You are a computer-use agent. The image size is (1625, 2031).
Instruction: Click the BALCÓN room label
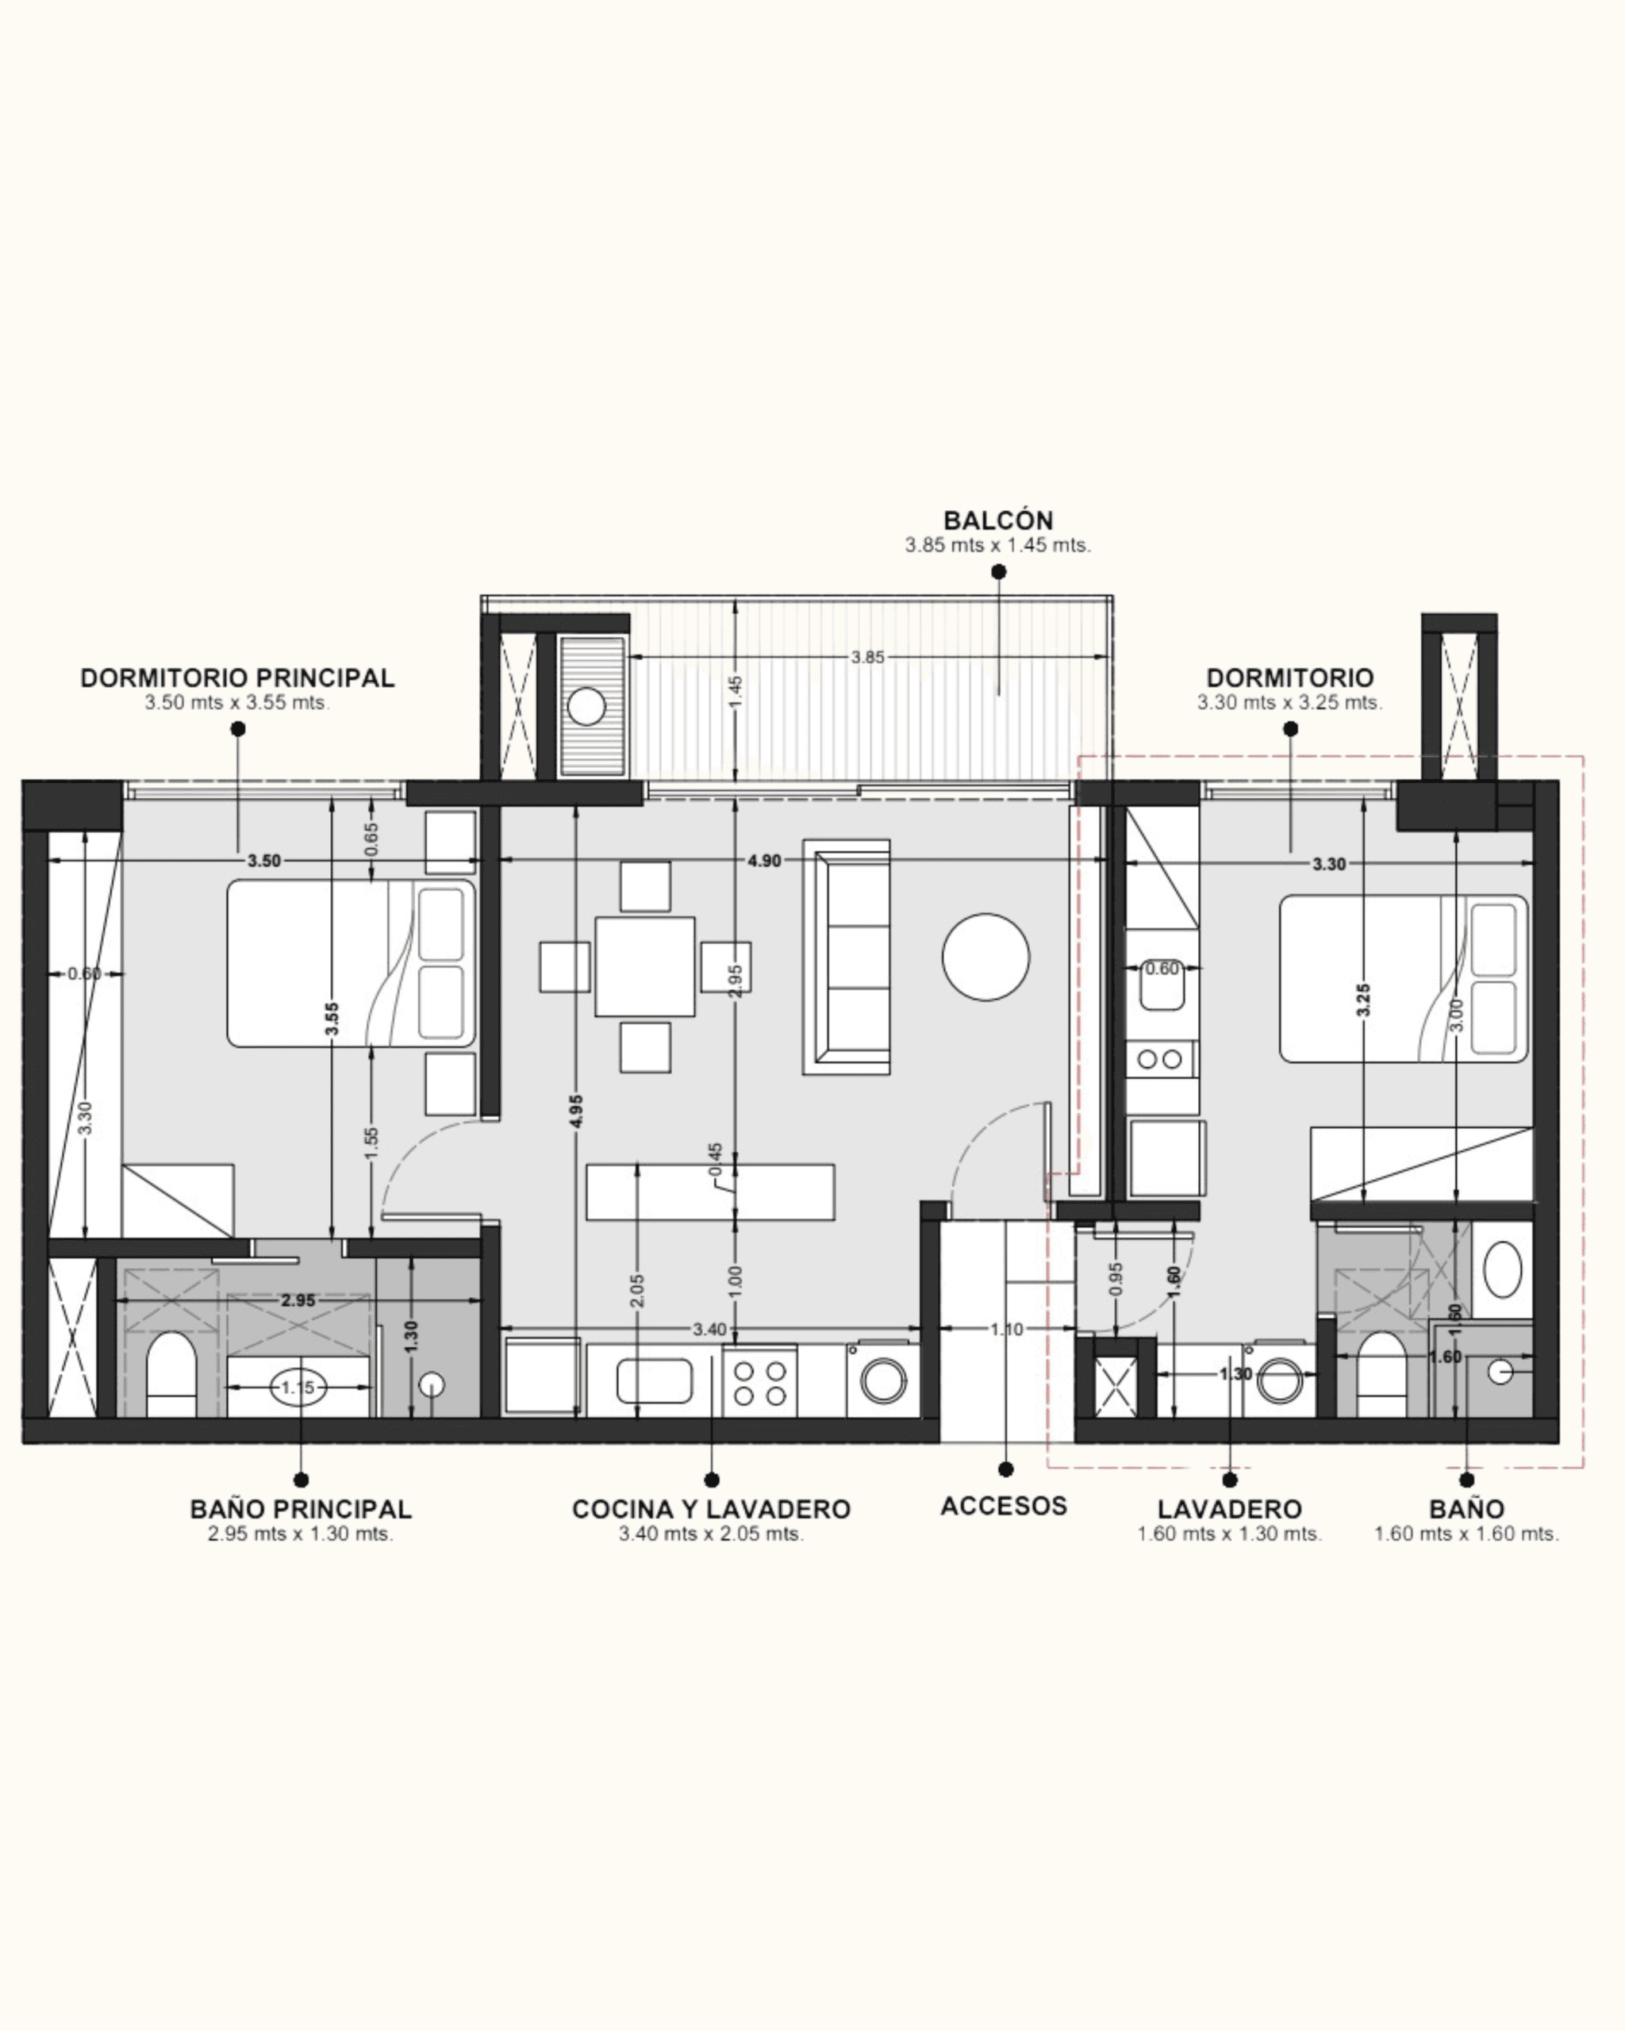(998, 520)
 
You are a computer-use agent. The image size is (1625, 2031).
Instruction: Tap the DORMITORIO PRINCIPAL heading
(237, 678)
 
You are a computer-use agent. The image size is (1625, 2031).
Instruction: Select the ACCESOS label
(1005, 1505)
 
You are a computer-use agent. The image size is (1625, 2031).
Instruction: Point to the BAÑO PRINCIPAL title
(302, 1509)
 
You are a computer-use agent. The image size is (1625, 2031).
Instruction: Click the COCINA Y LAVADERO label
(711, 1509)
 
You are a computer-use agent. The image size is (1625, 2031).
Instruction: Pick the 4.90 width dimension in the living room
(764, 860)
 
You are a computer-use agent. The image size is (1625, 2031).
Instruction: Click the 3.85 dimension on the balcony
(867, 658)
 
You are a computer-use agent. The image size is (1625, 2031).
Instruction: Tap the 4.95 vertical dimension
(577, 1110)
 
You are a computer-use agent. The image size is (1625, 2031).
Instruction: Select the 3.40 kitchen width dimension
(709, 1329)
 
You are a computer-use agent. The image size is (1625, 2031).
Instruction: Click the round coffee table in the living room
(985, 956)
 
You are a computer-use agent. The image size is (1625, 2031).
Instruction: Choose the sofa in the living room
(847, 957)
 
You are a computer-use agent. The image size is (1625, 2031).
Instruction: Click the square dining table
(645, 966)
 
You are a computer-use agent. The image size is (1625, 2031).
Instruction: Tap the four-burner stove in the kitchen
(760, 1382)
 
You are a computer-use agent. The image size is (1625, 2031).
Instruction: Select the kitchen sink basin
(655, 1381)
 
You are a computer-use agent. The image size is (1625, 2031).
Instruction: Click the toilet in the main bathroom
(171, 1374)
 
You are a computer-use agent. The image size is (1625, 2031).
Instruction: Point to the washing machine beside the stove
(882, 1380)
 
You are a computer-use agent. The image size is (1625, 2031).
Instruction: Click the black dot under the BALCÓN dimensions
(998, 572)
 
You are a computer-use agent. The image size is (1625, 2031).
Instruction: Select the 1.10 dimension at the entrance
(1006, 1329)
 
